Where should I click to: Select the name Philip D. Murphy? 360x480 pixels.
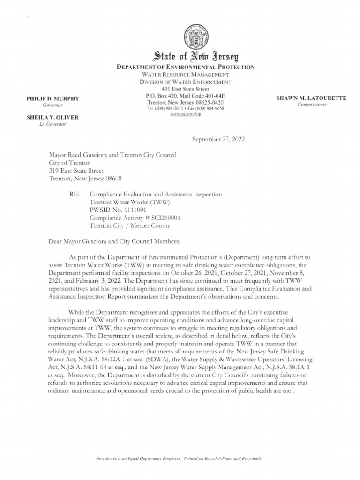tap(53, 99)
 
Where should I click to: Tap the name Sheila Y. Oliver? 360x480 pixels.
tap(52, 117)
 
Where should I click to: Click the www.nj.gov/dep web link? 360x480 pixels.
tap(185, 114)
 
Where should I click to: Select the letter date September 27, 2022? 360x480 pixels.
tap(218, 140)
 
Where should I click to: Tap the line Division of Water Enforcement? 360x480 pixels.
tap(186, 82)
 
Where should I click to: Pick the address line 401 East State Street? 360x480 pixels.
tap(186, 89)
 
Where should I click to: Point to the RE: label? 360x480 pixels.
tap(74, 194)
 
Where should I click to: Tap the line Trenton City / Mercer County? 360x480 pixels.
tap(130, 225)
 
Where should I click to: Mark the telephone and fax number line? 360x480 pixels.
tap(185, 108)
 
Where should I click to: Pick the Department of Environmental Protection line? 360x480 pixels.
tap(186, 67)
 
